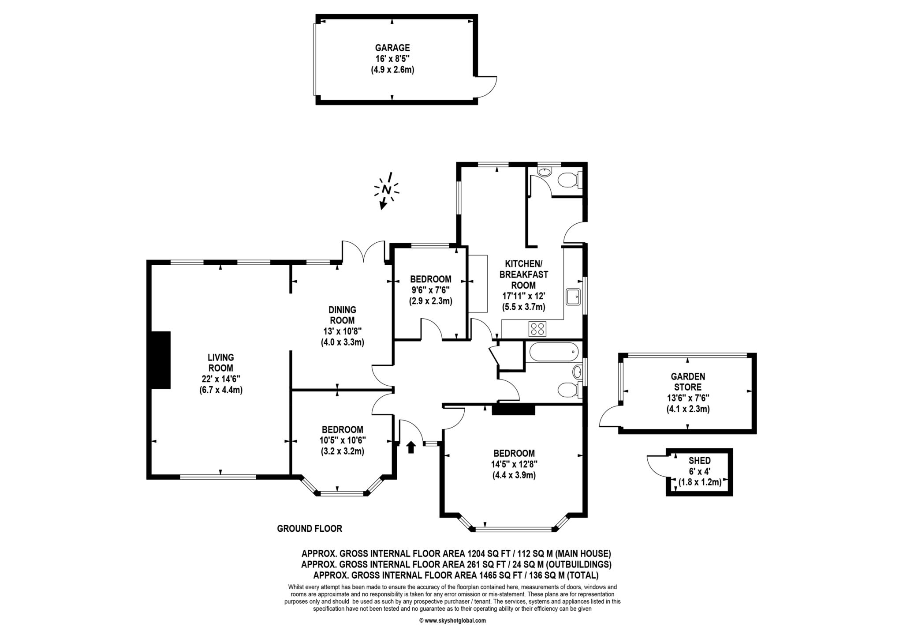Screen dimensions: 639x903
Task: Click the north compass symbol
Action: (387, 190)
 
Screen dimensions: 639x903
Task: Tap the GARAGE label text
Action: (392, 48)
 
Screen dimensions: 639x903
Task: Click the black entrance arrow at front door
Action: (411, 447)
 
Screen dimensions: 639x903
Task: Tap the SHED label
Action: (699, 461)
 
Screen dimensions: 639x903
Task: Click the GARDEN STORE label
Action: (688, 382)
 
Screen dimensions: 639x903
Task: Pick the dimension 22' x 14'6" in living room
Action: (220, 379)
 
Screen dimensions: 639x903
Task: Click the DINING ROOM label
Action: (342, 315)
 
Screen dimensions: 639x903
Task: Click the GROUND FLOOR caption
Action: (310, 528)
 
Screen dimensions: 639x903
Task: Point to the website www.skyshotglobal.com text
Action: (452, 620)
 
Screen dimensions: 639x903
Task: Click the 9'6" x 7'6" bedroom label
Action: (430, 290)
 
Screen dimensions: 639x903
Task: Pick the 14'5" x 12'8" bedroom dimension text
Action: (514, 464)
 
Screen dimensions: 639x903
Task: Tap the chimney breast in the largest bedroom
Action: (513, 410)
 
